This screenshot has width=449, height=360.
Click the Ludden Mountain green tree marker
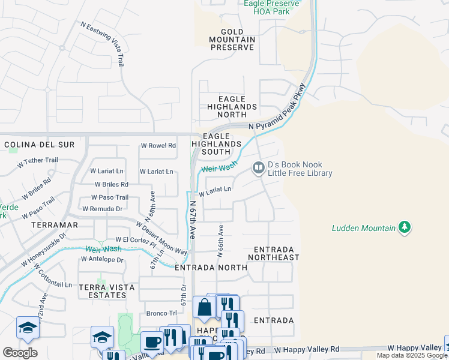point(405,227)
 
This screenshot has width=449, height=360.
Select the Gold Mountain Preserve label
point(232,40)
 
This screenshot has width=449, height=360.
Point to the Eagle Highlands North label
point(232,107)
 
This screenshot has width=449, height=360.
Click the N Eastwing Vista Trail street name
point(105,44)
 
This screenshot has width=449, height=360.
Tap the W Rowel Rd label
point(158,145)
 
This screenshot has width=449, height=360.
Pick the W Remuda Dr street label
point(102,209)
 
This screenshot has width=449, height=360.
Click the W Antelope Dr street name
point(103,260)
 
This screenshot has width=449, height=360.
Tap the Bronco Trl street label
point(161,313)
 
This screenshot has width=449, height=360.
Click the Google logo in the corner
point(20,353)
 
